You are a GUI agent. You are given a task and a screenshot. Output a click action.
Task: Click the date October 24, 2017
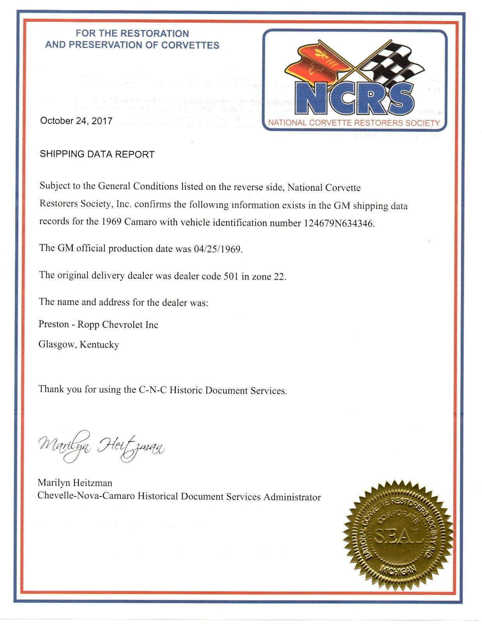76,121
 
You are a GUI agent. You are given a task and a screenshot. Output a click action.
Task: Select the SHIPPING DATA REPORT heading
97,154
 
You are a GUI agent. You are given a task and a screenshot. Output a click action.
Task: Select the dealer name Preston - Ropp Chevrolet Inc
98,324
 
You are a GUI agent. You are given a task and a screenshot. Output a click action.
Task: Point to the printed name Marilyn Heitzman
75,483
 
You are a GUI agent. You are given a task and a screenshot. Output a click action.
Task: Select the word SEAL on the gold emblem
398,537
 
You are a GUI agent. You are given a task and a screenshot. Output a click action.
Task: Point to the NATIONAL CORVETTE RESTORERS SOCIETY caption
354,123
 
